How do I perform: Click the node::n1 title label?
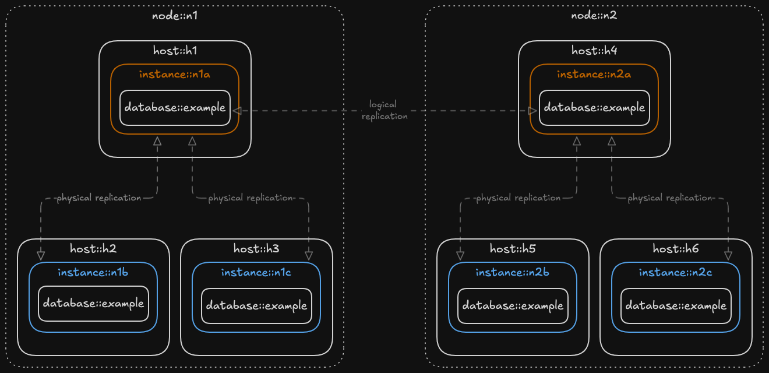[x=175, y=15]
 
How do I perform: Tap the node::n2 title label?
[x=594, y=15]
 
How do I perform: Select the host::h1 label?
[x=175, y=50]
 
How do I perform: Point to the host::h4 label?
[x=594, y=50]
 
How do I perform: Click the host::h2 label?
[x=93, y=249]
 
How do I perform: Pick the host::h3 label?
[x=256, y=249]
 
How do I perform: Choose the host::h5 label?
[x=513, y=249]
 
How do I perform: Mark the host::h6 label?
[x=676, y=249]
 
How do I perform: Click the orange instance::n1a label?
[x=175, y=74]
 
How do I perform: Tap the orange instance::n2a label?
[x=594, y=74]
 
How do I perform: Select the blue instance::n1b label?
[x=93, y=272]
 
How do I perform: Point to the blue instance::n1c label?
[x=256, y=272]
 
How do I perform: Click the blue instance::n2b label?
[x=512, y=272]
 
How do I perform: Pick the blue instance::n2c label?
[x=675, y=272]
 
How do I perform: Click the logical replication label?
[x=384, y=110]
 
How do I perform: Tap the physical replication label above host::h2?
[x=98, y=198]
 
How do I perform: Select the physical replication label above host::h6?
[x=669, y=198]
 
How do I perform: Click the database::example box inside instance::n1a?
[x=175, y=108]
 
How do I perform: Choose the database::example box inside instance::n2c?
[x=676, y=305]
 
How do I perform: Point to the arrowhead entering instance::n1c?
[x=309, y=256]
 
